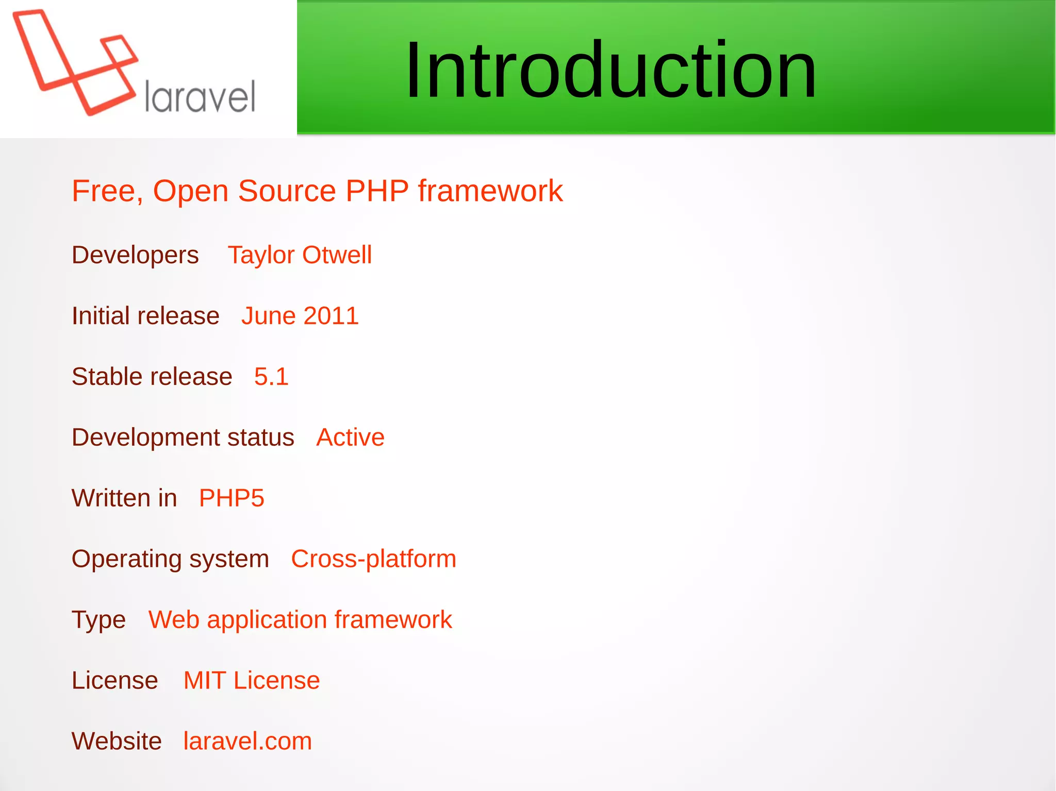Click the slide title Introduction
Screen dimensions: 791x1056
click(x=610, y=70)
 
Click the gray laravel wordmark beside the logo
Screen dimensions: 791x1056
click(x=200, y=96)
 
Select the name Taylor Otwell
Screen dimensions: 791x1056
click(x=300, y=255)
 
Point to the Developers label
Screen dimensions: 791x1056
click(x=135, y=255)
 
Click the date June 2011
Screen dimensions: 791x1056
click(x=300, y=316)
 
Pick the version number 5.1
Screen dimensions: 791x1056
click(x=271, y=377)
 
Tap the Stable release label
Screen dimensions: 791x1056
click(x=152, y=377)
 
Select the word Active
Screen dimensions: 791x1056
click(x=350, y=437)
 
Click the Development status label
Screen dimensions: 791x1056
click(x=183, y=437)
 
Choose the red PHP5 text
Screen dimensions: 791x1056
click(x=232, y=498)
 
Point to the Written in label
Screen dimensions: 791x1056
click(x=124, y=498)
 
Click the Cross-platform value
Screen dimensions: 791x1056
click(x=373, y=559)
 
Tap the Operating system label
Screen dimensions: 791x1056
click(x=170, y=559)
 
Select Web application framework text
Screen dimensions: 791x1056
click(x=300, y=620)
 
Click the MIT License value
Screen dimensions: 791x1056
click(x=252, y=681)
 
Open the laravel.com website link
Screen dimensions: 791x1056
click(x=247, y=742)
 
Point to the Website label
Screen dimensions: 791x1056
click(x=117, y=742)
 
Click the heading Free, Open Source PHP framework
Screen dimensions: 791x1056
click(x=317, y=191)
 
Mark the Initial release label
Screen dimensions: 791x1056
click(x=145, y=316)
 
